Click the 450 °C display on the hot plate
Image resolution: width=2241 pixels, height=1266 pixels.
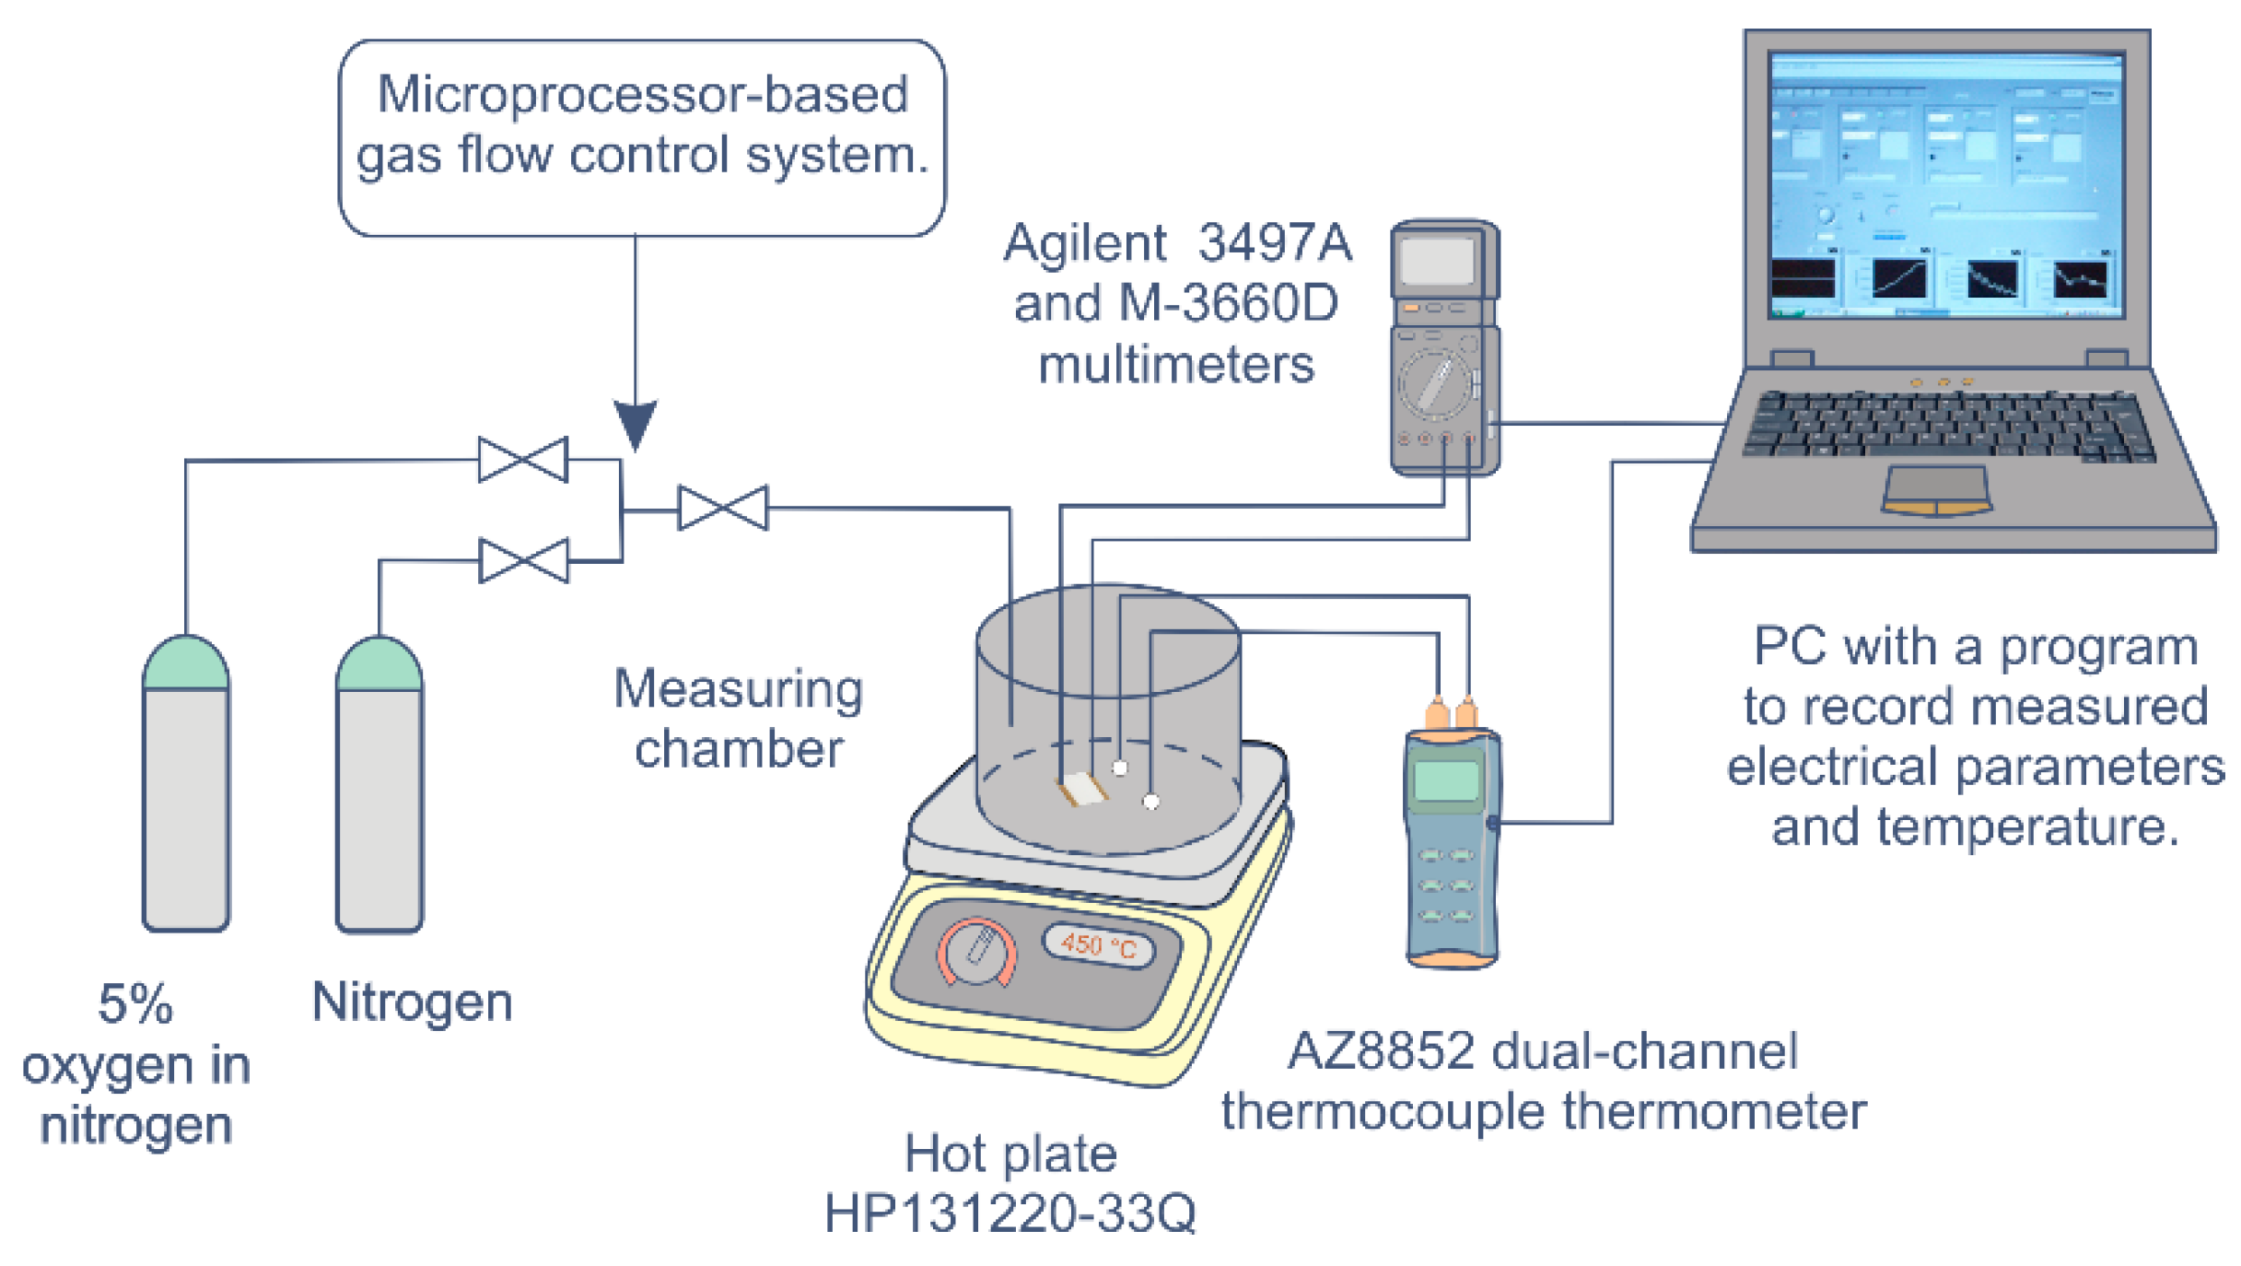coord(1099,946)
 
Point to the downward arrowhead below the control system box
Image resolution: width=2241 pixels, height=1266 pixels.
coord(636,424)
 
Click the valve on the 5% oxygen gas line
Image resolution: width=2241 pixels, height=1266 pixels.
coord(523,460)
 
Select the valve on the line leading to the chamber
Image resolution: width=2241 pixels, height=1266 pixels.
coord(723,508)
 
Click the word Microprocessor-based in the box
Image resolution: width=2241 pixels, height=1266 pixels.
coord(642,95)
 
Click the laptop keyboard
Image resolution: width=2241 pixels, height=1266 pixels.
coord(1948,424)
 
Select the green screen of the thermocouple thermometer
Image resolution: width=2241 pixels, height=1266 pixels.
coord(1446,781)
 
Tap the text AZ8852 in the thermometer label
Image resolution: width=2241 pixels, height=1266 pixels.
coord(1380,1051)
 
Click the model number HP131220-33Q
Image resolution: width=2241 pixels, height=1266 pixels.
coord(1010,1213)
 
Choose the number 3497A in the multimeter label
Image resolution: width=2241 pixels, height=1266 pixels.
coord(1275,243)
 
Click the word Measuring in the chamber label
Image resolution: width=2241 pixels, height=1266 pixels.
coord(739,690)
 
